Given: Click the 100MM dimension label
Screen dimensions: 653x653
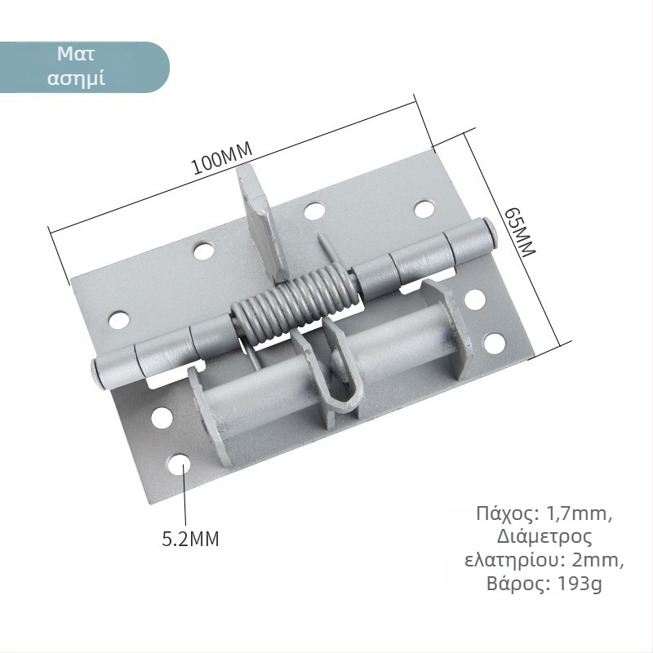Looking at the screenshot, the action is pos(221,158).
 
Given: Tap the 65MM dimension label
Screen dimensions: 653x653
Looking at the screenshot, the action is pos(519,233).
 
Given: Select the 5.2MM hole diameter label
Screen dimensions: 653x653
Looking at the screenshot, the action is pos(190,539).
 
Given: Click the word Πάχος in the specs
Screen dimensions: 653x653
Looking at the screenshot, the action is pos(507,514).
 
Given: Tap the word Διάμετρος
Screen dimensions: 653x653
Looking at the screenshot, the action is pos(544,537).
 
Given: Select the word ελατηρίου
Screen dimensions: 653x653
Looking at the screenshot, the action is pos(515,561).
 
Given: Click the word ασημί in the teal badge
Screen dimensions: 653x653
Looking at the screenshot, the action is pos(76,78).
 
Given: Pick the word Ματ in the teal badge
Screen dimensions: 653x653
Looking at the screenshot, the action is pos(76,54).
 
